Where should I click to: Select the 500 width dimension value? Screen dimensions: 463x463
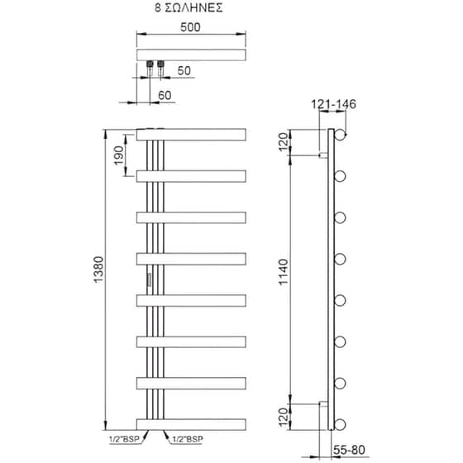tap(192, 26)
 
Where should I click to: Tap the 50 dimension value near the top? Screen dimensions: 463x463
tap(184, 71)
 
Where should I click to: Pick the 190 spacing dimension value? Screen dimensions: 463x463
tap(118, 154)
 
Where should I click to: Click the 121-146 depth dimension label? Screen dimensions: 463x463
tap(333, 104)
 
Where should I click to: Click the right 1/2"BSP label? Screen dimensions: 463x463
tap(186, 440)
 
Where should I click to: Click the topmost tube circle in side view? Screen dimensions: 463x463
tap(340, 134)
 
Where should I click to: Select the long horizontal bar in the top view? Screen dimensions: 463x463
tap(192, 55)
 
